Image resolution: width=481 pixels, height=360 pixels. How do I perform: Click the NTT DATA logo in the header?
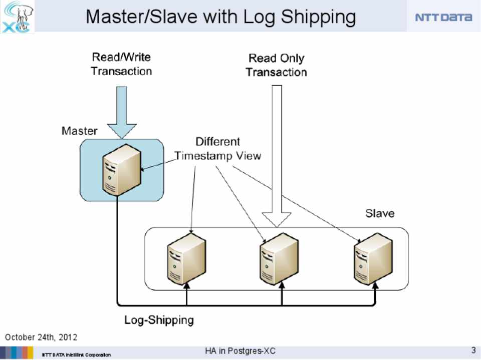[x=443, y=17]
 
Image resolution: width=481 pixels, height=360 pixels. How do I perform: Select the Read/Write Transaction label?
[x=121, y=64]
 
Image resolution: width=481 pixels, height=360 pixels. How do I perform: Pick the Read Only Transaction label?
[x=276, y=66]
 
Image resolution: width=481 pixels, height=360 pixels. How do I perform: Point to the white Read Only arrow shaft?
[x=277, y=150]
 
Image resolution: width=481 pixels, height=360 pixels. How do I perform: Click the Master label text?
[x=79, y=131]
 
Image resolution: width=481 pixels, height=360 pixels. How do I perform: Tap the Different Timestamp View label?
[x=218, y=149]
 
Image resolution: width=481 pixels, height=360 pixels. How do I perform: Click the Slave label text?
[x=379, y=214]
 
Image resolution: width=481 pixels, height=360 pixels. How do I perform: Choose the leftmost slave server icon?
[x=186, y=258]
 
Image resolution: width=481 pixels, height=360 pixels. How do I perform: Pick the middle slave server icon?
[x=280, y=258]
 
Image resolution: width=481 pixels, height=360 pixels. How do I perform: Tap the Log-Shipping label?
[x=159, y=320]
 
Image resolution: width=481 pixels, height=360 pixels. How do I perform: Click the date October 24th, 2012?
[x=41, y=337]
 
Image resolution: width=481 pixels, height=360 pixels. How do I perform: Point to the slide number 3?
[x=473, y=350]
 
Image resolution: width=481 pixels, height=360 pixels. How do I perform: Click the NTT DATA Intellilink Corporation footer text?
[x=76, y=354]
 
